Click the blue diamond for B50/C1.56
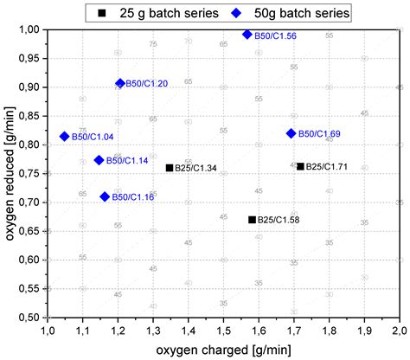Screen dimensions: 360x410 (x=247, y=35)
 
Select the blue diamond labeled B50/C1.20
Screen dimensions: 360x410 (x=120, y=83)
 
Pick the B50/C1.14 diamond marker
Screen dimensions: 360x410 (x=99, y=160)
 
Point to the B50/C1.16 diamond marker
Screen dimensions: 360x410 (x=106, y=196)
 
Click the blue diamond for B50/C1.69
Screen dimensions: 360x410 (x=291, y=133)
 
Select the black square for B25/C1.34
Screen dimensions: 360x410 (x=170, y=167)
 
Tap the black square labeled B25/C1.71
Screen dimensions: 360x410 (x=300, y=166)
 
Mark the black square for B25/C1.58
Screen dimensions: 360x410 (x=252, y=220)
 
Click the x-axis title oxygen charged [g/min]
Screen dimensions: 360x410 (x=225, y=350)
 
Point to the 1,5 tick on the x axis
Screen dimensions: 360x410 (x=224, y=331)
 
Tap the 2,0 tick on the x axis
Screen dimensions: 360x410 (x=400, y=331)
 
